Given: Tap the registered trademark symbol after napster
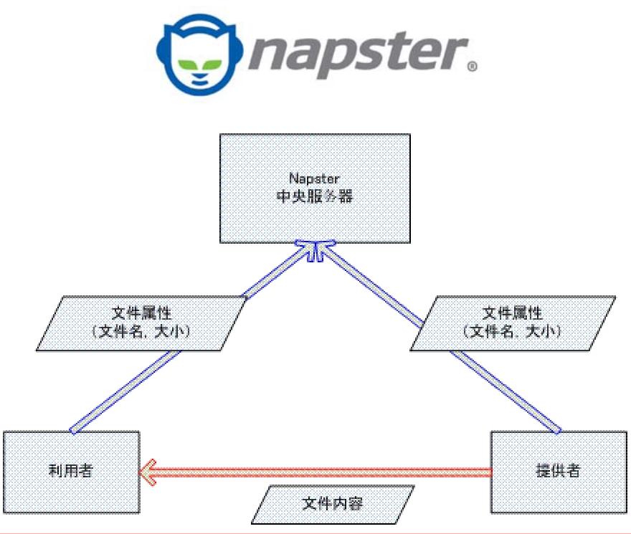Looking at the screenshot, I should [471, 68].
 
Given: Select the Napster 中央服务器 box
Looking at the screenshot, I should [315, 188].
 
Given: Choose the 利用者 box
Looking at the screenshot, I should [71, 472].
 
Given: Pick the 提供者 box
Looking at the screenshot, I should [559, 472].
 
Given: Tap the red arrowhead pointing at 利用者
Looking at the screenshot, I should [147, 472].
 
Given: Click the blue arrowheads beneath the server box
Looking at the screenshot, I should [315, 251].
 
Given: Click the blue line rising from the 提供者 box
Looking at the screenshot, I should [509, 391].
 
